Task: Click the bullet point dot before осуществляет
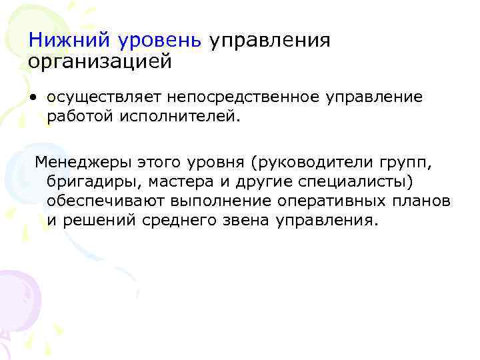[x=33, y=98]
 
